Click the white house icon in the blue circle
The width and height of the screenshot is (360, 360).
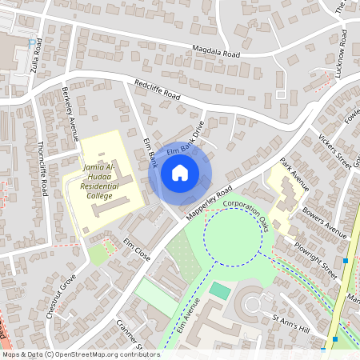[x=180, y=172]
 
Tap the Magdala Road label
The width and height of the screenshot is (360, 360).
[x=216, y=52]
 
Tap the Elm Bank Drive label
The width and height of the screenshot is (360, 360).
[x=185, y=139]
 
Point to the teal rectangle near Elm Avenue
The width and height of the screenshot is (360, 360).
[x=219, y=290]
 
